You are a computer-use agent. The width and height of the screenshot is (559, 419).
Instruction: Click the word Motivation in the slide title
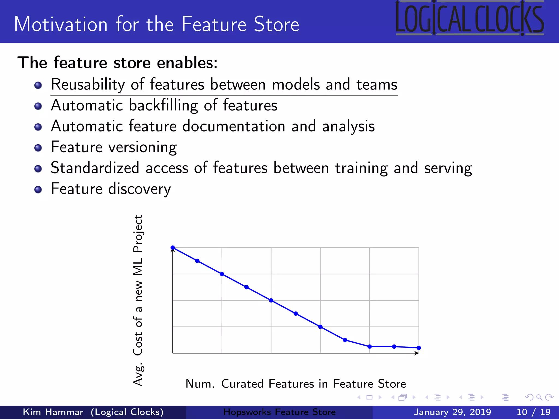tap(61, 25)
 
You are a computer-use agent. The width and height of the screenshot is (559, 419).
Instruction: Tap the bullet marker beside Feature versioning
tap(38, 148)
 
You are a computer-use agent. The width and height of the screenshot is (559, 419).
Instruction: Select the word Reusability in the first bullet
tap(87, 85)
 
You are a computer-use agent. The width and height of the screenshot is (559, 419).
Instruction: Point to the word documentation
tap(234, 126)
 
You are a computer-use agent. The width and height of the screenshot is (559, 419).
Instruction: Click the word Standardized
tap(95, 168)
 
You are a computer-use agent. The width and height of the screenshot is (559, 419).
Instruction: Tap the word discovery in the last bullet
tap(139, 189)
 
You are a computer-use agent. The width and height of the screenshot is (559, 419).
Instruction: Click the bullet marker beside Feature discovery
tap(38, 190)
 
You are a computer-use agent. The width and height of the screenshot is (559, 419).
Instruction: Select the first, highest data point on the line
tap(173, 248)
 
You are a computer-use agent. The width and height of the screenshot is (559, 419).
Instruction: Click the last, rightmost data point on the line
tap(419, 348)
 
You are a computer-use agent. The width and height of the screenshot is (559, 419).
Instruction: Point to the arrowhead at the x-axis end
tap(417, 353)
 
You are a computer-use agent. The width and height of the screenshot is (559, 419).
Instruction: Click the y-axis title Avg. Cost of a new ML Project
tap(138, 300)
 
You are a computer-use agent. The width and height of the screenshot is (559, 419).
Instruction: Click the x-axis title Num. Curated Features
tap(296, 384)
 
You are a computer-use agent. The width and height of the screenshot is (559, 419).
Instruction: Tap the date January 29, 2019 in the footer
tap(452, 412)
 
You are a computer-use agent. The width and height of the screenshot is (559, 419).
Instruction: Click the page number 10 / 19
tap(533, 412)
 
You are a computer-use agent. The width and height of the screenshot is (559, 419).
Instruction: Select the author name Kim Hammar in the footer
tap(53, 412)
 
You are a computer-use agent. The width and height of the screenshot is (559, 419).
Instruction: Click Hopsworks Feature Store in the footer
tap(279, 412)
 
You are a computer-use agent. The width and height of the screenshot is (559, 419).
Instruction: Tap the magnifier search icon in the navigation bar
tap(539, 397)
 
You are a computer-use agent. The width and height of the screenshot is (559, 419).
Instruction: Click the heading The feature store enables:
tap(117, 63)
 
